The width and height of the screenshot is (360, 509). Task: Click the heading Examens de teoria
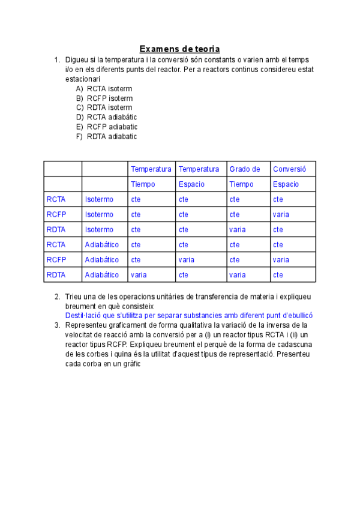179,49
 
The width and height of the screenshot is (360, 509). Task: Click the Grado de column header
245,169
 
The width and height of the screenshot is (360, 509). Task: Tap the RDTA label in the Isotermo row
56,229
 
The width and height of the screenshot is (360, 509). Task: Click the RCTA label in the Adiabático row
56,244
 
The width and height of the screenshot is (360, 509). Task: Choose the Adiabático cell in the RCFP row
102,260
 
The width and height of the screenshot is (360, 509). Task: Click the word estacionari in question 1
83,79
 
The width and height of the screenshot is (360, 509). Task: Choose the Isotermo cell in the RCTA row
99,199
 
